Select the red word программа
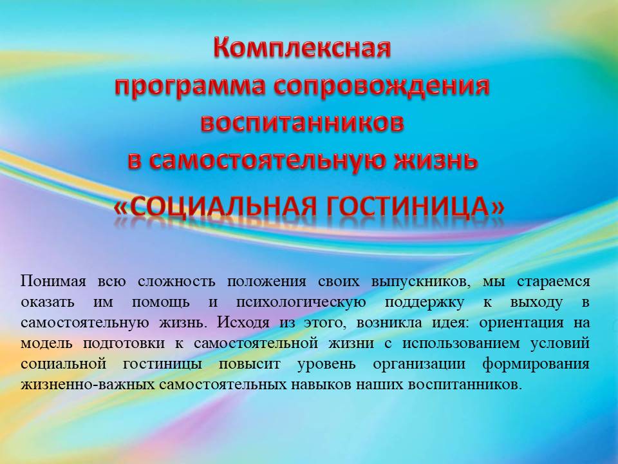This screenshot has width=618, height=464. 190,86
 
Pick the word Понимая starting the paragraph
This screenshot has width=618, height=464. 53,282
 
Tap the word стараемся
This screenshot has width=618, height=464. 554,282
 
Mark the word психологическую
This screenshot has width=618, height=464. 301,303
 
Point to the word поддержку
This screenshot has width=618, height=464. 424,303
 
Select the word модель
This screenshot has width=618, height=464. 46,343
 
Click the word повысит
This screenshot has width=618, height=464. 250,363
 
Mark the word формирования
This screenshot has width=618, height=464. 536,364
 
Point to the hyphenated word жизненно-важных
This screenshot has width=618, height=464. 88,384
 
